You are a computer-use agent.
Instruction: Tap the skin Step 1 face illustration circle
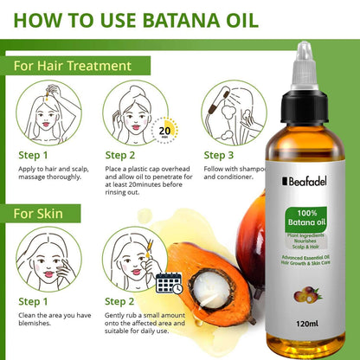(42, 259)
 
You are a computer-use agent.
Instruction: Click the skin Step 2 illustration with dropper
(136, 259)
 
